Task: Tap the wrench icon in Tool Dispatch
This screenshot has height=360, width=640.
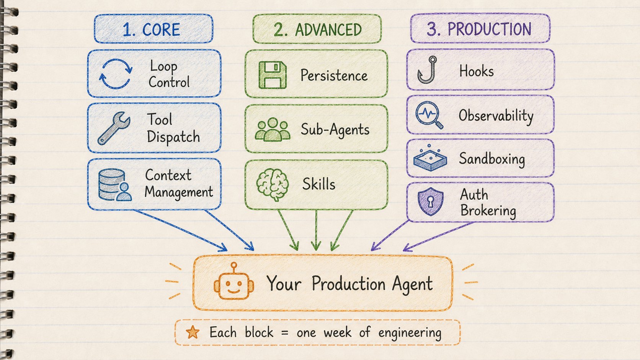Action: tap(113, 128)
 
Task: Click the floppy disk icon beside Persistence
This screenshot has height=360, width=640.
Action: tap(272, 75)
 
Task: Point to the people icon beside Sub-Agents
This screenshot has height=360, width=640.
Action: tap(273, 130)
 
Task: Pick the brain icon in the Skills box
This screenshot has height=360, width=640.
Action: tap(272, 184)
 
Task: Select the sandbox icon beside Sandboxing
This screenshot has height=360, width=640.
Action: tap(430, 158)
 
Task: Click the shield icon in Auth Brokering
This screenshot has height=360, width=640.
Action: tap(430, 202)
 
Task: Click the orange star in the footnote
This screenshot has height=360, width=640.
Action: tap(193, 332)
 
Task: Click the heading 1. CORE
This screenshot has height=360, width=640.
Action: tap(151, 29)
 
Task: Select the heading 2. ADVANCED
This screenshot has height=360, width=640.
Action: tap(317, 29)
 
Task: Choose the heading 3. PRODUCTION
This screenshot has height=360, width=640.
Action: tap(479, 29)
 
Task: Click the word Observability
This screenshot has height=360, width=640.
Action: tap(496, 116)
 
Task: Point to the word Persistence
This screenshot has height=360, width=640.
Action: tap(334, 75)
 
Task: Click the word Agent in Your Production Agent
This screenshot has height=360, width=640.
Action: tap(412, 284)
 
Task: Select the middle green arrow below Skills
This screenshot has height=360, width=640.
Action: tap(316, 230)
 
